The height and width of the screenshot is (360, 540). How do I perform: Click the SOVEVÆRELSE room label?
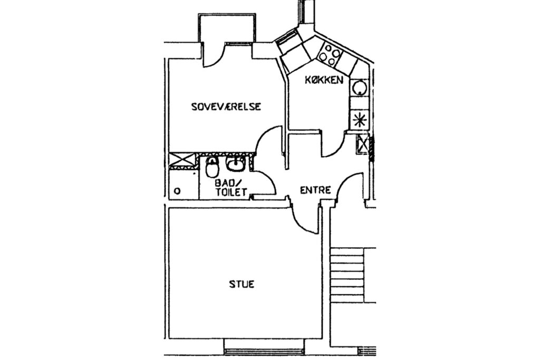[226, 106]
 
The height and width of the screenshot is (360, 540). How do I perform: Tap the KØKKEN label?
[324, 80]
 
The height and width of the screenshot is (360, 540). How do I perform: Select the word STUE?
[242, 284]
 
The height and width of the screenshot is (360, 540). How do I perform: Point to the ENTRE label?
[315, 190]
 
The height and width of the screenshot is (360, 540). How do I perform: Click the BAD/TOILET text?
[231, 187]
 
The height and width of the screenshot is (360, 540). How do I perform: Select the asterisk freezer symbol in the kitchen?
[359, 120]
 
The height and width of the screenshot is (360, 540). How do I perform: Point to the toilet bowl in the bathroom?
[212, 167]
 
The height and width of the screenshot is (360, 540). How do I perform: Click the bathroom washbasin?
[236, 164]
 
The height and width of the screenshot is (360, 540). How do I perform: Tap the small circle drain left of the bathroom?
[177, 191]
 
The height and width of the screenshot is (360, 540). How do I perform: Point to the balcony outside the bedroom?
[227, 29]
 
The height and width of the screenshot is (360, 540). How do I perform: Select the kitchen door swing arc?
[333, 144]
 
